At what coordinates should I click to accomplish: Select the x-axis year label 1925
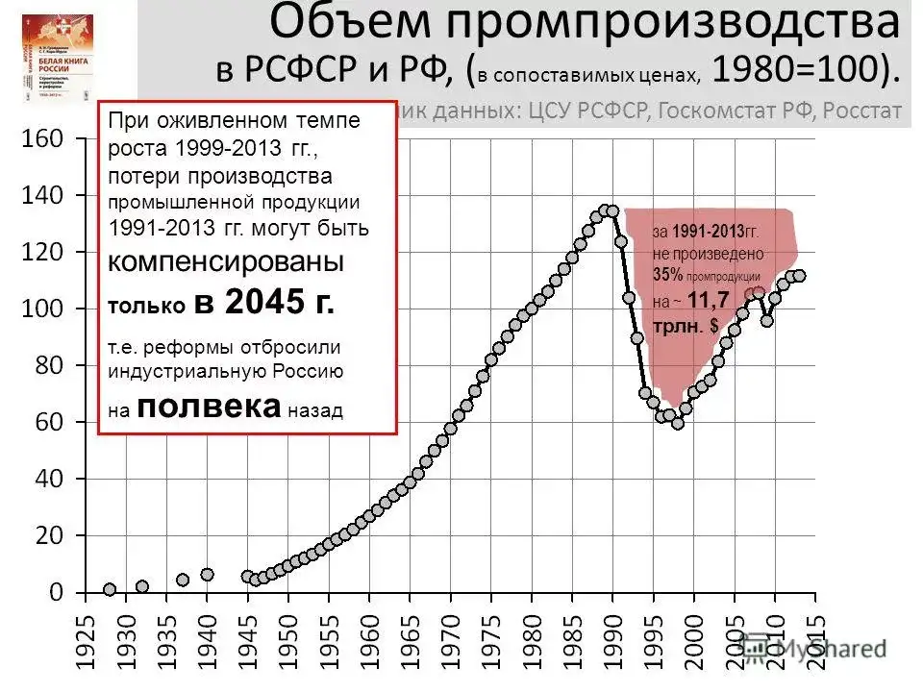point(84,640)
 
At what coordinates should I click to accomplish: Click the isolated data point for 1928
point(110,589)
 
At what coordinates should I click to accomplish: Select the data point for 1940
point(207,575)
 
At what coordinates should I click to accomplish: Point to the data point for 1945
point(247,577)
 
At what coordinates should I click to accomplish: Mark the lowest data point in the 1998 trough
point(678,423)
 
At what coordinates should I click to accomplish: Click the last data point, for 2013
point(799,276)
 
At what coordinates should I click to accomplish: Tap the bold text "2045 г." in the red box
point(265,303)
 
